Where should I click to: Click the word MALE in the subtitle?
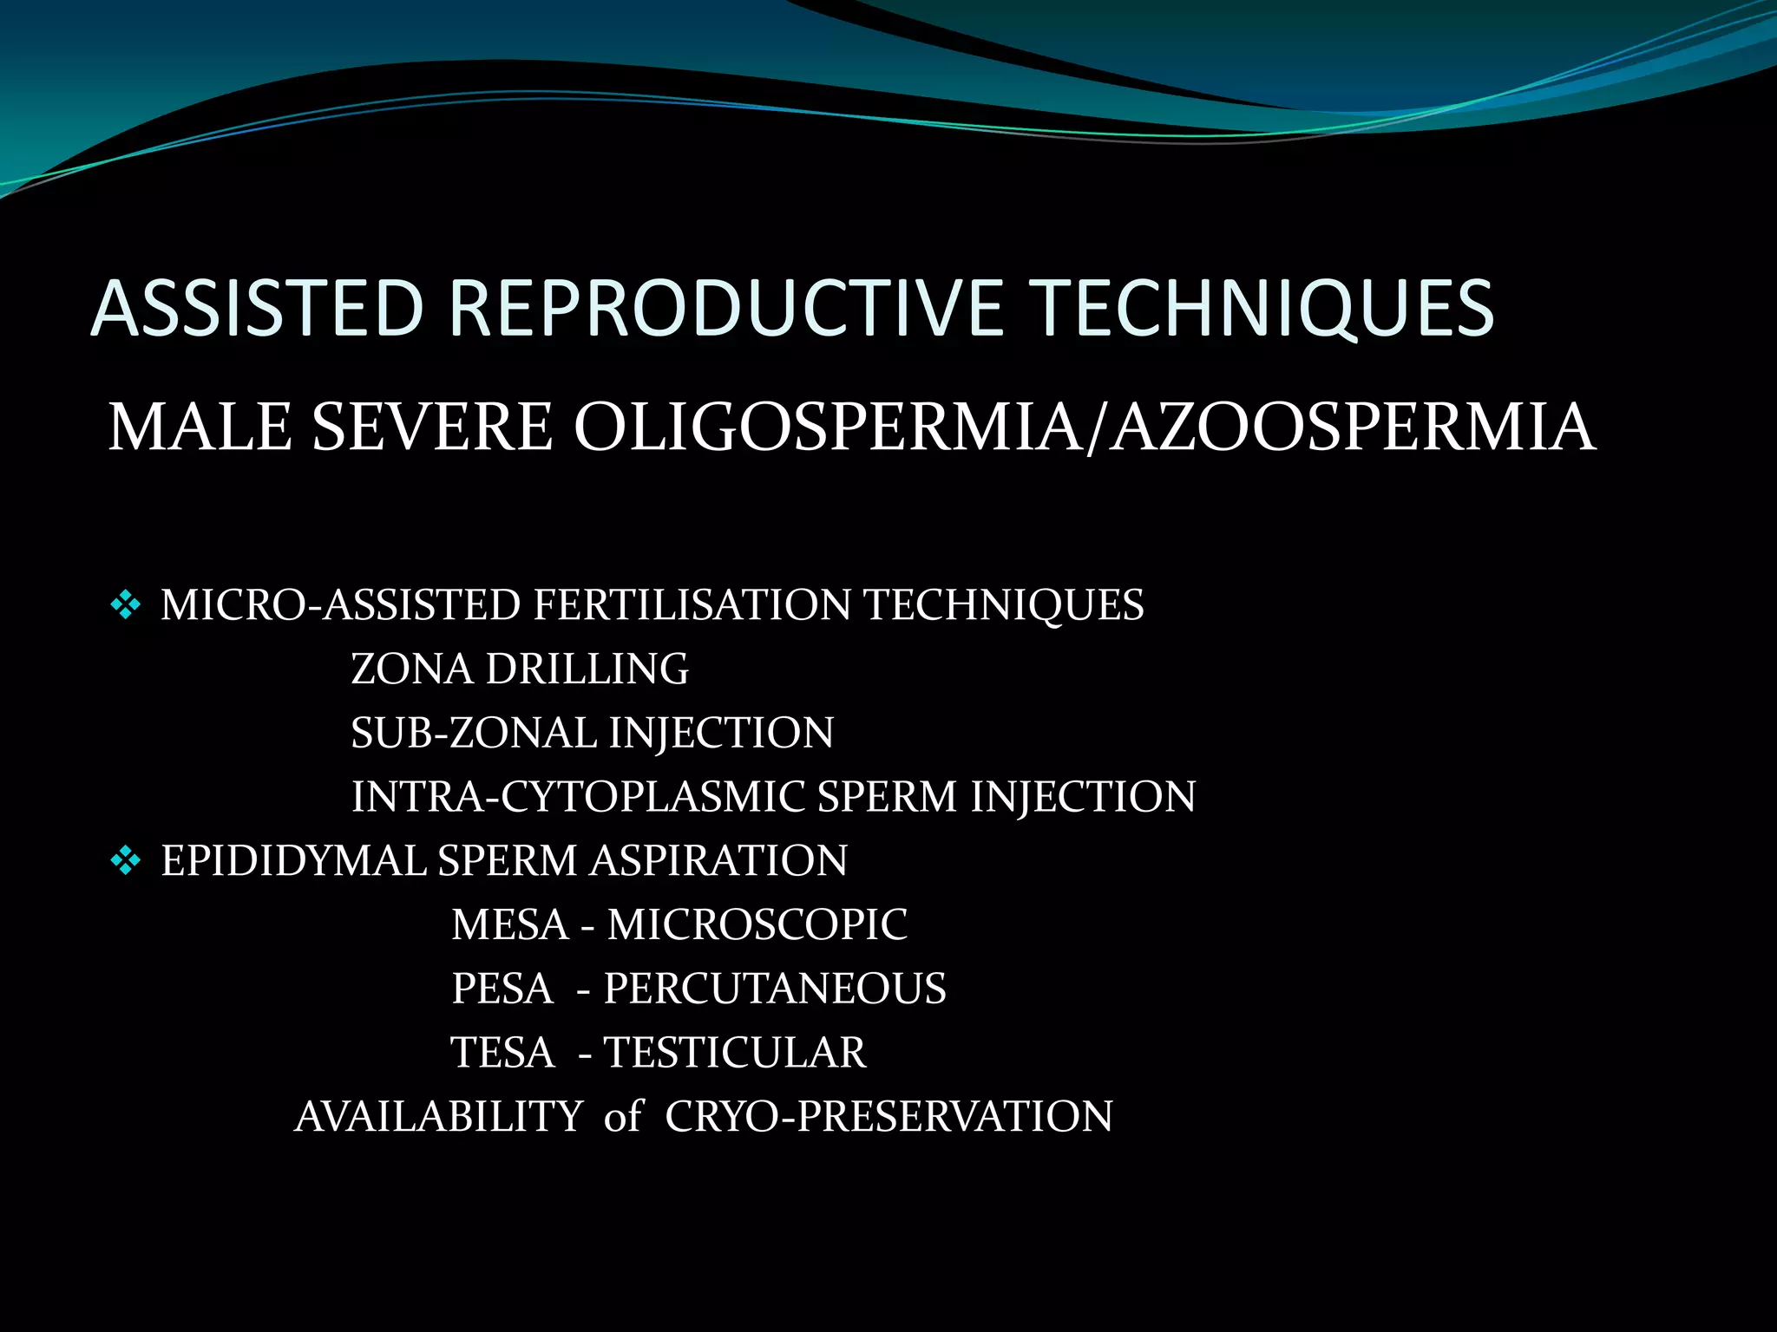click(200, 428)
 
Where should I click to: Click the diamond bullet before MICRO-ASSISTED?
click(126, 605)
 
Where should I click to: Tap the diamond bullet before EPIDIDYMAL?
click(126, 861)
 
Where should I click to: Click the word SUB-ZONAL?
click(473, 734)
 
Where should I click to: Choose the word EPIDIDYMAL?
click(292, 861)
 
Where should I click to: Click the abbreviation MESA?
click(510, 925)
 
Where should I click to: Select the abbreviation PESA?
click(502, 989)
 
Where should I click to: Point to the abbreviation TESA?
click(502, 1053)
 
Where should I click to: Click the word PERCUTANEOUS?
click(775, 989)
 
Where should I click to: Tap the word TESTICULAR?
click(734, 1053)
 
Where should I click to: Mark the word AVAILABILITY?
click(439, 1117)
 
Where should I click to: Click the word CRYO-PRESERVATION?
click(888, 1117)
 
